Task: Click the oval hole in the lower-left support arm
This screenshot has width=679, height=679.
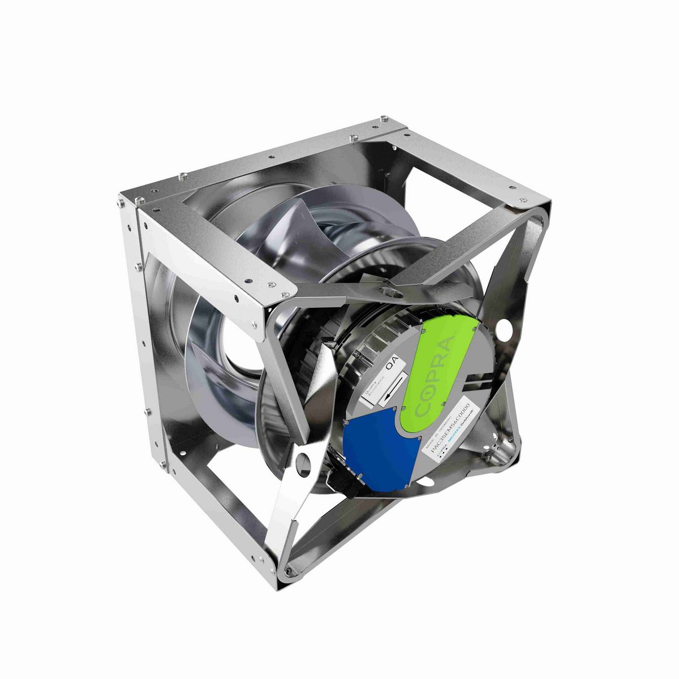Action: [303, 458]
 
